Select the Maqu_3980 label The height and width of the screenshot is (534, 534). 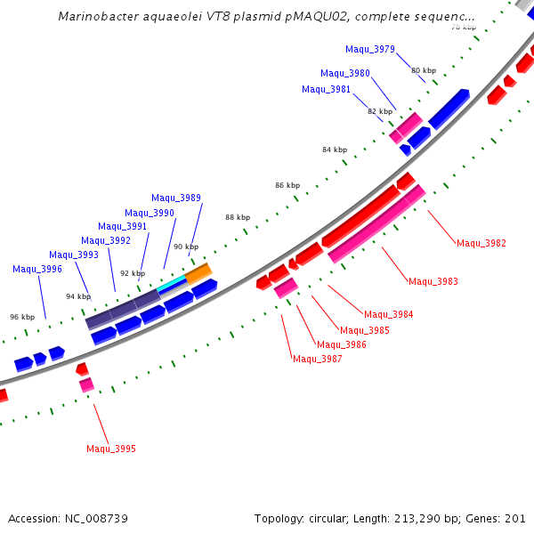[x=345, y=73]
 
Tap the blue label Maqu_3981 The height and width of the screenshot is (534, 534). [x=327, y=89]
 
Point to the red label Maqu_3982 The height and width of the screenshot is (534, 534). [x=481, y=243]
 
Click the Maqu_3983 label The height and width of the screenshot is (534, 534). [x=433, y=281]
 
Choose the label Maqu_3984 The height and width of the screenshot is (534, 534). [x=389, y=314]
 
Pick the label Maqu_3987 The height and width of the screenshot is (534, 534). [x=318, y=359]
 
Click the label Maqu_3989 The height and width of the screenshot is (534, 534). [x=176, y=198]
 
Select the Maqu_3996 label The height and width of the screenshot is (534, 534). [x=37, y=269]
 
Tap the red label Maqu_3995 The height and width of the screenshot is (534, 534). [x=111, y=449]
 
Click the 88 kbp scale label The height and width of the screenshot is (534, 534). [x=238, y=217]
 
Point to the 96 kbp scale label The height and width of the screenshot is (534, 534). [x=22, y=317]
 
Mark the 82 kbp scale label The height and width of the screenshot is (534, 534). [x=380, y=111]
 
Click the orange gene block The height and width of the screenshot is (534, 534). [x=198, y=272]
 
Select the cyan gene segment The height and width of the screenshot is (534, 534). [x=172, y=283]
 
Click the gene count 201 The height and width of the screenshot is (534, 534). [x=516, y=518]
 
